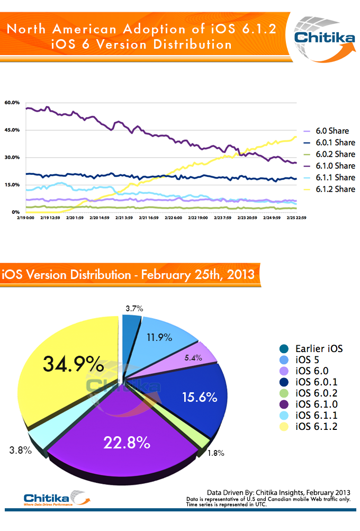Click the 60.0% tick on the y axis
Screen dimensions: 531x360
(x=12, y=102)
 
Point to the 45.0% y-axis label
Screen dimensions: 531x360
(x=12, y=130)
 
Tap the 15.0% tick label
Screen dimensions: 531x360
(x=12, y=185)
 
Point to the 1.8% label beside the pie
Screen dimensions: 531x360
(x=215, y=453)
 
